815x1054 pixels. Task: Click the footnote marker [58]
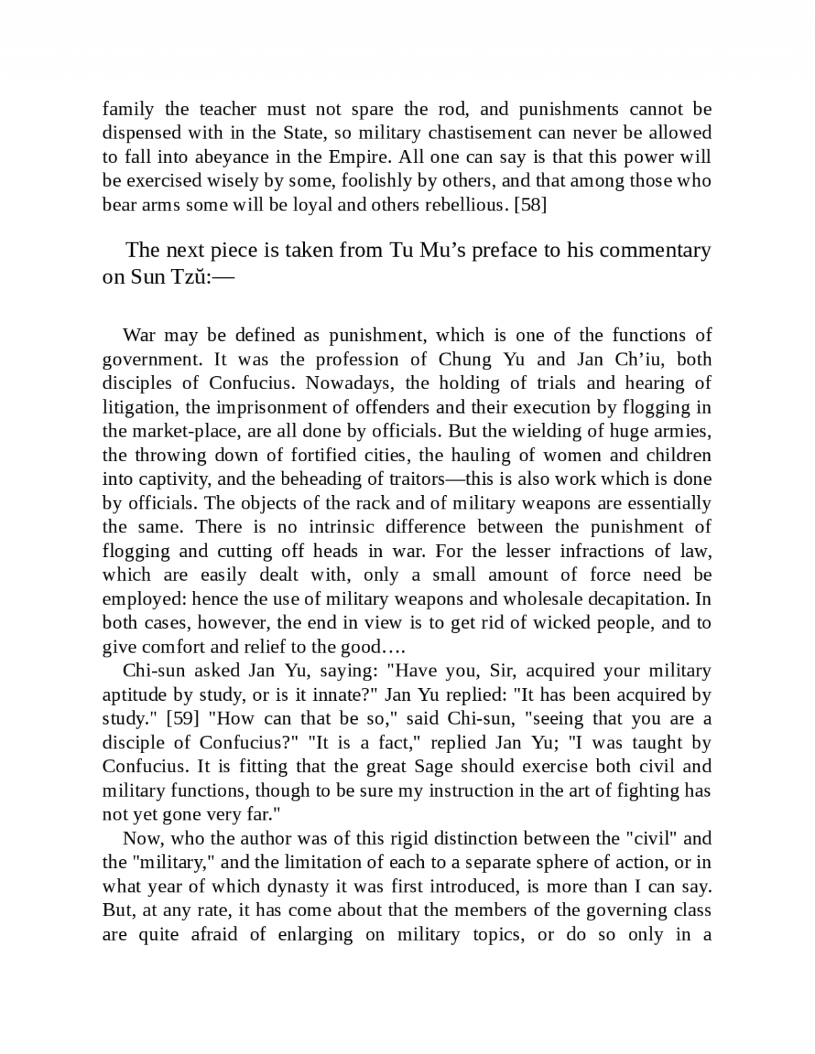coord(530,204)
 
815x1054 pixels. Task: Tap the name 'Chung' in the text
coord(463,359)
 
